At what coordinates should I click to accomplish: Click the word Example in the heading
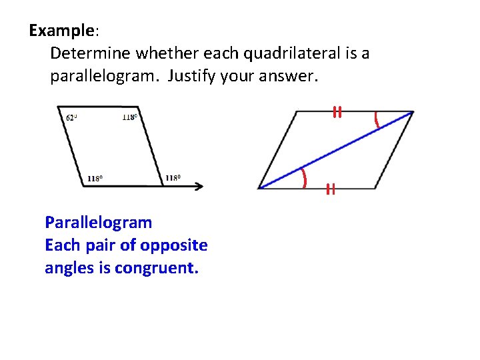(62, 31)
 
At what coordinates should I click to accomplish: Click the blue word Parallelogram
(98, 222)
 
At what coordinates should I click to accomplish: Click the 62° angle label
(72, 118)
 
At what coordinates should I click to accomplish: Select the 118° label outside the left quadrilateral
(173, 178)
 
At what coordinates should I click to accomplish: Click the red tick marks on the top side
(338, 112)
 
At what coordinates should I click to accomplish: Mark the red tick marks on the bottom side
(329, 189)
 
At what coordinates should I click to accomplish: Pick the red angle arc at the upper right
(377, 120)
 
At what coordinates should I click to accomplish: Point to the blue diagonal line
(336, 150)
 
